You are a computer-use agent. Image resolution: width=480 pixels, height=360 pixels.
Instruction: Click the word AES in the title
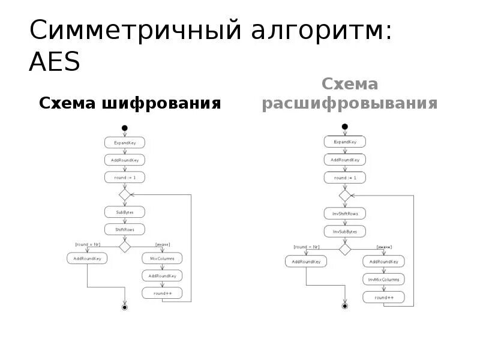(x=55, y=62)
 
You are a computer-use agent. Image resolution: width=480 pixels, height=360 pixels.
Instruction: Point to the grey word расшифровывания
(x=349, y=104)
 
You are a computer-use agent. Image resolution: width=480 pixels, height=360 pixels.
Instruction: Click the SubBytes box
(x=124, y=212)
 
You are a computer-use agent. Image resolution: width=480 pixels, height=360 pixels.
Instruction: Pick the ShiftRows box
(x=124, y=229)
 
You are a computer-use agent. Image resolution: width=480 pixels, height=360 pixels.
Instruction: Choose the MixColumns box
(x=162, y=259)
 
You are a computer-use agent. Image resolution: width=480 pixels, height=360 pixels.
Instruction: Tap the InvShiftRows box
(x=344, y=214)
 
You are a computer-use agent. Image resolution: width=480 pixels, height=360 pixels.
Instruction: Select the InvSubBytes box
(x=344, y=230)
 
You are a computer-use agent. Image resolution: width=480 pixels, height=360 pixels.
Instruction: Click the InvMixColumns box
(x=384, y=279)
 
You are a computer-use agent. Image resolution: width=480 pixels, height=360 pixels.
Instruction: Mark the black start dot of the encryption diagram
(x=124, y=127)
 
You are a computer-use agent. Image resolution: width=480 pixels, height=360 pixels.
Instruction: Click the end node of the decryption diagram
(x=344, y=306)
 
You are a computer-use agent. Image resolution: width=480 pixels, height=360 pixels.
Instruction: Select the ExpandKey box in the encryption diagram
(x=124, y=143)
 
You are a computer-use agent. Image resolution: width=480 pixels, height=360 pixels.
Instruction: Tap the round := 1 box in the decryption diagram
(x=344, y=178)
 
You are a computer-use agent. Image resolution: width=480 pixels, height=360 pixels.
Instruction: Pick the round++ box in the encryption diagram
(x=162, y=293)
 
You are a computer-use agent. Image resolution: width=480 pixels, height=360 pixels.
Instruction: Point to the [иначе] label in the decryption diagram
(x=384, y=247)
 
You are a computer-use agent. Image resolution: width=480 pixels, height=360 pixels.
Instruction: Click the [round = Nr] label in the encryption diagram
(x=87, y=244)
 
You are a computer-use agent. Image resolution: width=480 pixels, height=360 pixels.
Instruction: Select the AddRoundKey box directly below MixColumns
(x=162, y=276)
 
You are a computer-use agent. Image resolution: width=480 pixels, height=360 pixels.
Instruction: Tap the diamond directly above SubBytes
(x=124, y=194)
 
